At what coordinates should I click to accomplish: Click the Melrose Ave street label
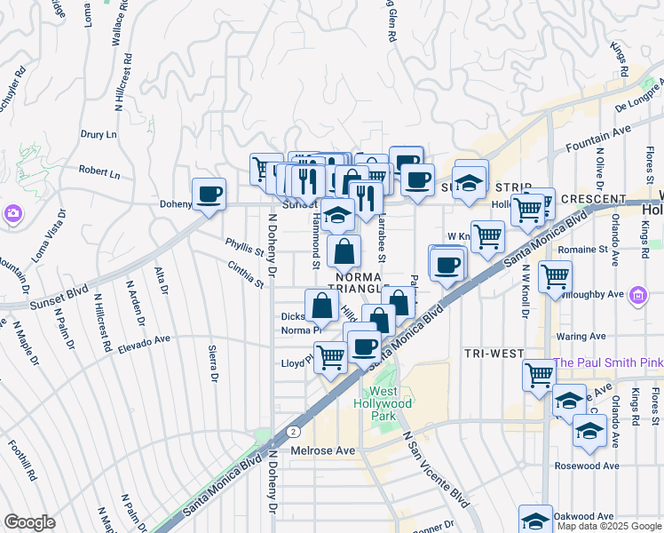click(323, 450)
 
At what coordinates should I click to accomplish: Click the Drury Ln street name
click(99, 135)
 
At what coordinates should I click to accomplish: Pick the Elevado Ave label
click(144, 340)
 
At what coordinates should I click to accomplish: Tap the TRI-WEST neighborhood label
click(494, 354)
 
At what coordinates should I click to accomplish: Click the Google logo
click(29, 522)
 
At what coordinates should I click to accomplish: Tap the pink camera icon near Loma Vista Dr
click(12, 213)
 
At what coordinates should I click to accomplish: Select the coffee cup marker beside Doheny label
click(209, 194)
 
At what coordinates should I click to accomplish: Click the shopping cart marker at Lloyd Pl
click(330, 357)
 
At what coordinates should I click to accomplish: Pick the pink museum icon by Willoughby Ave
click(637, 294)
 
